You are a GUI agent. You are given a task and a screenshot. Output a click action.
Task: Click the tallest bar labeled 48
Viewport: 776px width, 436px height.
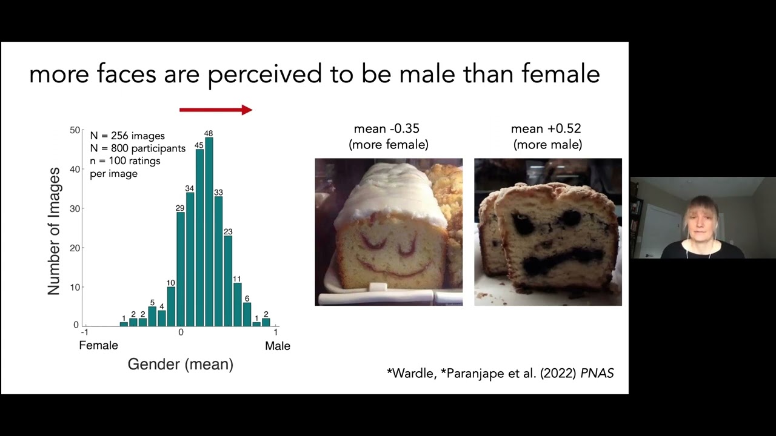pos(209,232)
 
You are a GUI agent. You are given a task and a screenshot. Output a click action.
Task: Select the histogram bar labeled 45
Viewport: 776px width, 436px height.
pos(199,238)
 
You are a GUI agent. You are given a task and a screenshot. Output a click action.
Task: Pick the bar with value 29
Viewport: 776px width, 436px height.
pos(181,269)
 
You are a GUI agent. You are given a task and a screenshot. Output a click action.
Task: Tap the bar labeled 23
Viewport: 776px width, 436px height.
pos(228,281)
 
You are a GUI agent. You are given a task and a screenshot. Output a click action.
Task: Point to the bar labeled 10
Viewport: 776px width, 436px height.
pos(171,306)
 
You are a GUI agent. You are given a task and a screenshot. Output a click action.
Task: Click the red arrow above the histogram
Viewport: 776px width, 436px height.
pos(216,110)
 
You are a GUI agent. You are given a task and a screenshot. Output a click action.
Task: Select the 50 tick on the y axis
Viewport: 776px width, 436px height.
pos(75,130)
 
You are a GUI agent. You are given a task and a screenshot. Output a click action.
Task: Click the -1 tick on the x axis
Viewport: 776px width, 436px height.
pos(84,332)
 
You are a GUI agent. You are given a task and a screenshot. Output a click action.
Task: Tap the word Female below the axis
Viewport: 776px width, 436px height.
pos(98,345)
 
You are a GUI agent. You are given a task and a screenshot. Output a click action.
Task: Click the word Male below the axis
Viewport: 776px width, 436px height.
pos(278,346)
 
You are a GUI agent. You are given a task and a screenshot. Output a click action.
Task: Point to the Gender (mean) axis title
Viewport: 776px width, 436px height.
pos(181,365)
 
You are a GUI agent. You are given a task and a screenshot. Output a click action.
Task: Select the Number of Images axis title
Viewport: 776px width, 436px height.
pos(54,231)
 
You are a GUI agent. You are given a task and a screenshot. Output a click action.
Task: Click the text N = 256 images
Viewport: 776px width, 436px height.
pos(127,136)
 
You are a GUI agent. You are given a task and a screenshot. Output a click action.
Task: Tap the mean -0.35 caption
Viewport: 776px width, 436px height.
pos(387,129)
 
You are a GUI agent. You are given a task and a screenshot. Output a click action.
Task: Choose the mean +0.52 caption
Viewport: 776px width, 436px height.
pos(546,129)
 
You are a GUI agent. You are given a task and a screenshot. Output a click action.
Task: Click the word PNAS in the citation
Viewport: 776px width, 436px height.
pos(597,373)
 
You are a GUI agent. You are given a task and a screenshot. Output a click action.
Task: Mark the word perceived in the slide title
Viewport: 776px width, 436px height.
pos(265,74)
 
